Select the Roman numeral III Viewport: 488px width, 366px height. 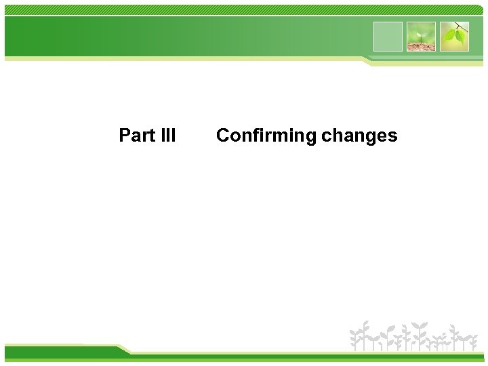point(168,136)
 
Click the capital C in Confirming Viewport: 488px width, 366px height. point(222,136)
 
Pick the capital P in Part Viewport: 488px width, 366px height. point(124,136)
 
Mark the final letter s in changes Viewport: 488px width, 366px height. point(393,136)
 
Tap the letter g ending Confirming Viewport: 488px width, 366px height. point(311,138)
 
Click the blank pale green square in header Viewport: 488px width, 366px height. point(388,37)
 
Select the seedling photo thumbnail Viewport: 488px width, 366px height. point(421,37)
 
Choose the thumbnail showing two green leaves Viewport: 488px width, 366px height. point(454,37)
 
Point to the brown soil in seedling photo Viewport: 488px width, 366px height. point(421,46)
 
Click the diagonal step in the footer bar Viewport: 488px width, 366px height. point(123,350)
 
